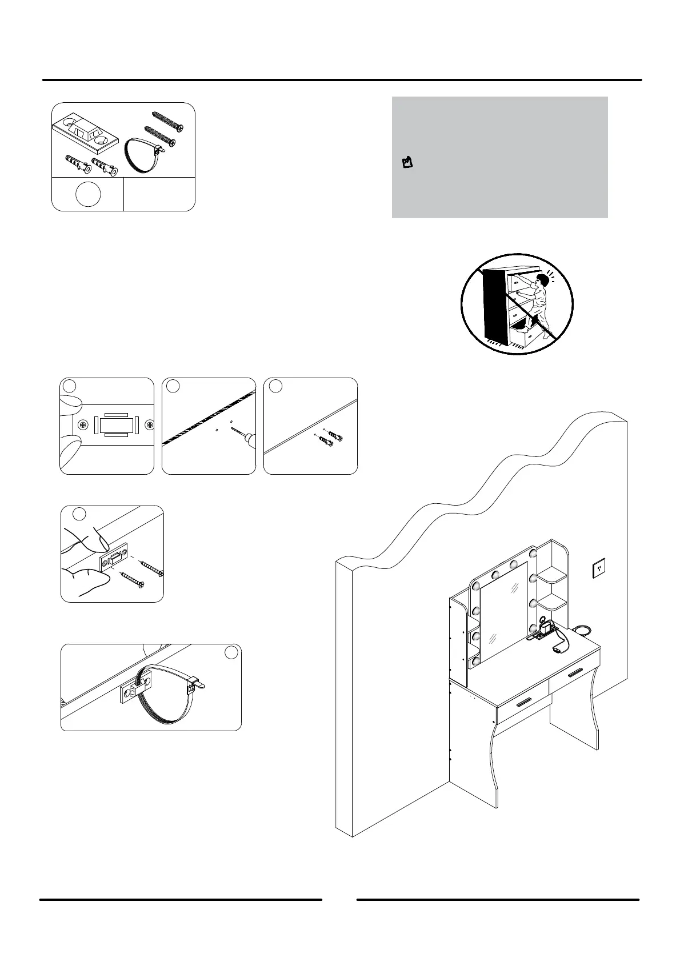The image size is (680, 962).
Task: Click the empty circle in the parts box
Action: [87, 194]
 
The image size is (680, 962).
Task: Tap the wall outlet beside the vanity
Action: [598, 567]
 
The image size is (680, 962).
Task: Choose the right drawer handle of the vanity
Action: [575, 671]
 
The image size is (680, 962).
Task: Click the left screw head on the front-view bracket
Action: [83, 425]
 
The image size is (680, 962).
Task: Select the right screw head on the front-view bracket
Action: [149, 424]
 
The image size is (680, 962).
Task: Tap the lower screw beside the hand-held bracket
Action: [134, 579]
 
